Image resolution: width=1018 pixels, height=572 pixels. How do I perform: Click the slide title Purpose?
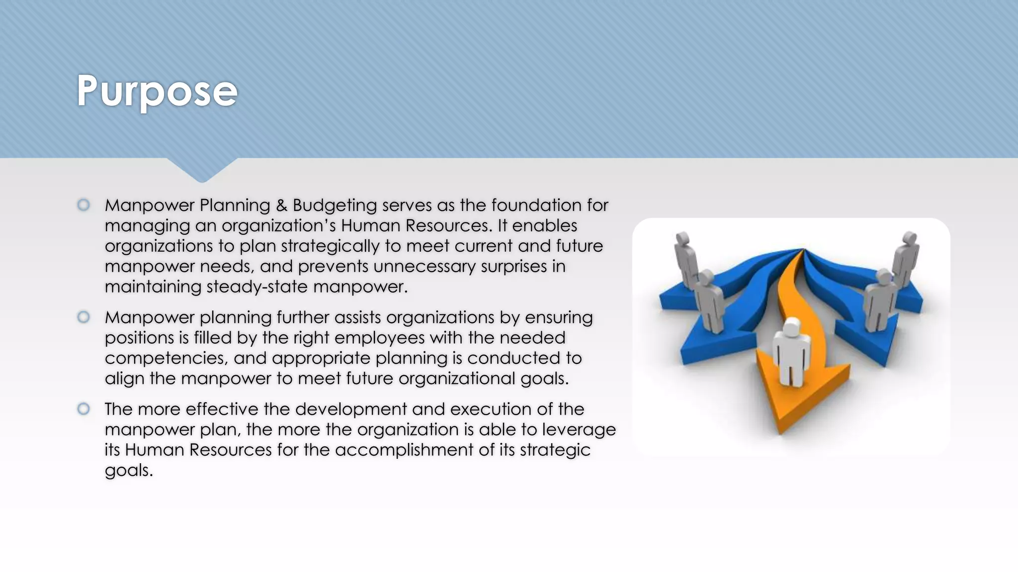click(157, 91)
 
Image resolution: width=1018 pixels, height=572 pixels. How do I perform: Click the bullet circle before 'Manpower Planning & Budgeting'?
click(84, 205)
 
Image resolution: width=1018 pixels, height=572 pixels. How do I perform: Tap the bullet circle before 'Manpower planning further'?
click(84, 317)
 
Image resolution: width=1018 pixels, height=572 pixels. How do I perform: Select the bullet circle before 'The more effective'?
click(84, 409)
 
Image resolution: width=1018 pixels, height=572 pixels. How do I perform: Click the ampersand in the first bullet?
click(281, 205)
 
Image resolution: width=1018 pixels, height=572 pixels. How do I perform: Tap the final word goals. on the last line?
click(128, 470)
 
